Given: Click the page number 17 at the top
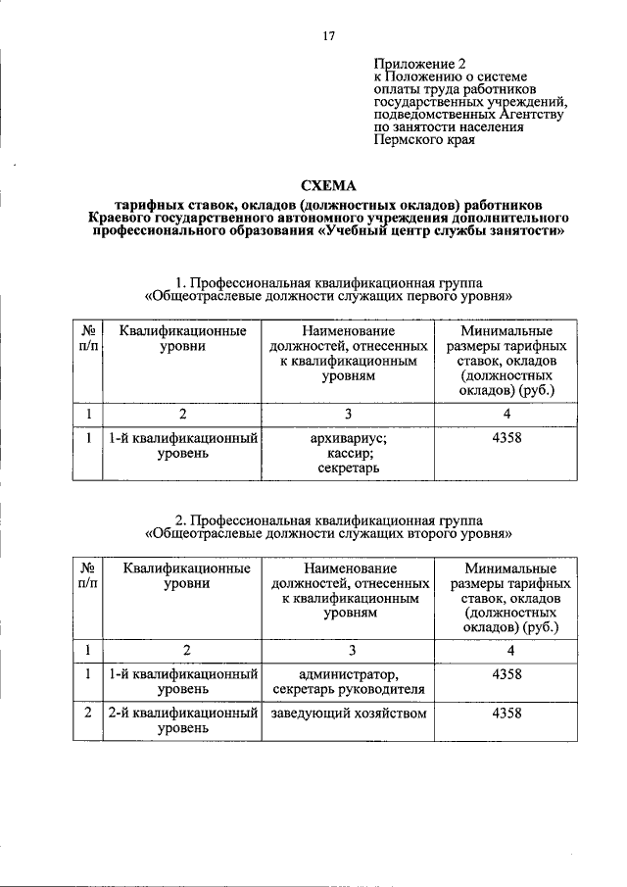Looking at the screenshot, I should (328, 36).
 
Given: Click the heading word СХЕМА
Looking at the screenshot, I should (328, 185).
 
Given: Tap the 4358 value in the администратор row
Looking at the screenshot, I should (506, 673).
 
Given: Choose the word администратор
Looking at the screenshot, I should (349, 673).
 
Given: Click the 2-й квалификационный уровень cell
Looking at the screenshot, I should (182, 720).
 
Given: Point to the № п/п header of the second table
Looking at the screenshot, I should (87, 575).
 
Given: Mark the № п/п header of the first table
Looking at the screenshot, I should (87, 339).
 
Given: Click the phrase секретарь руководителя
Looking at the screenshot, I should (349, 689).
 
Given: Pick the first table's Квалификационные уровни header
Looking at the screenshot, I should (182, 339).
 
